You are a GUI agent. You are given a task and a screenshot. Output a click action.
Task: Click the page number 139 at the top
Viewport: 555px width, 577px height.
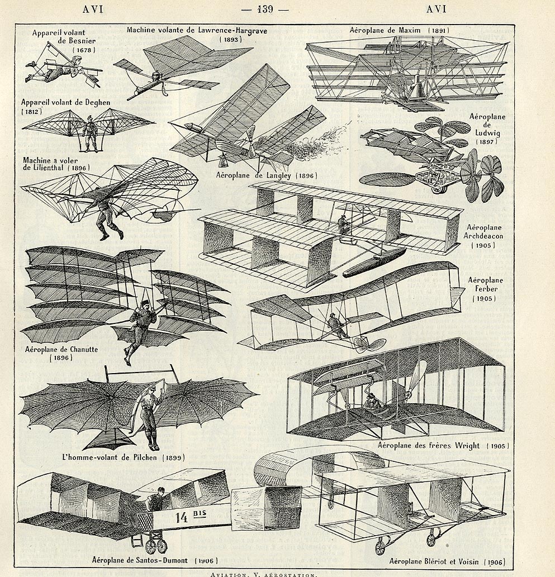tap(265, 9)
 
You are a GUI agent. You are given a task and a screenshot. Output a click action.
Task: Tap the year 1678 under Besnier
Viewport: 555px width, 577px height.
tap(84, 50)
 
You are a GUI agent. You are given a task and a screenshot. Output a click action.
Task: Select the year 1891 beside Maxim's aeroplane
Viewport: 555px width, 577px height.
tap(438, 31)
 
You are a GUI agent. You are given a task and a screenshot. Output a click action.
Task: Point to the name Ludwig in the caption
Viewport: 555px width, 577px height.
tap(487, 132)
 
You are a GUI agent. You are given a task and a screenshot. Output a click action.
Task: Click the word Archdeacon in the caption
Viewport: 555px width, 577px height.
tap(483, 236)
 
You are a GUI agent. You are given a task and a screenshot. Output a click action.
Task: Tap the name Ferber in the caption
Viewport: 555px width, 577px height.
tap(486, 289)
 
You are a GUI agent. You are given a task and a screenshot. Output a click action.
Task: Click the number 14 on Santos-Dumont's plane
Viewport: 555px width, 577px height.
tap(182, 517)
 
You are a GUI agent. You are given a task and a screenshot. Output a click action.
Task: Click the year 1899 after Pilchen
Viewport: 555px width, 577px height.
tap(173, 458)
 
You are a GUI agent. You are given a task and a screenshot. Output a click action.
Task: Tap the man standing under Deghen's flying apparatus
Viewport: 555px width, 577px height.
tap(89, 133)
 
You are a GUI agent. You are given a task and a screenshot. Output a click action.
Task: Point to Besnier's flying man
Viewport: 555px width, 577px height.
tap(55, 69)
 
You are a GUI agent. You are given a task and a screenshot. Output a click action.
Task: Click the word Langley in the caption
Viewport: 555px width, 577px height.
tap(275, 175)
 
